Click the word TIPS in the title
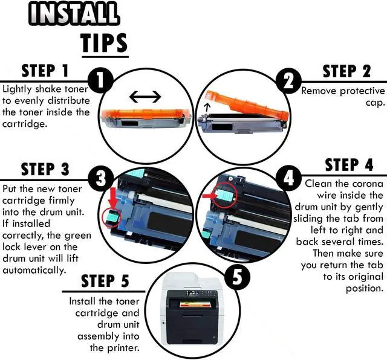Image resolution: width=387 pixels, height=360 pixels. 104,42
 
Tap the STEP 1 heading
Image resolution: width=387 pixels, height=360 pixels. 46,71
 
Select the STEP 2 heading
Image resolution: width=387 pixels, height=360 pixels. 346,71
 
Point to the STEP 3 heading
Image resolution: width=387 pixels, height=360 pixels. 45,169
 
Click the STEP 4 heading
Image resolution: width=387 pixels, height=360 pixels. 349,165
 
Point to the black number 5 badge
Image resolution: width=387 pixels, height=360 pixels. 234,276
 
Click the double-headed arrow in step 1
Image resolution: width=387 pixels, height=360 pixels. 145,96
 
